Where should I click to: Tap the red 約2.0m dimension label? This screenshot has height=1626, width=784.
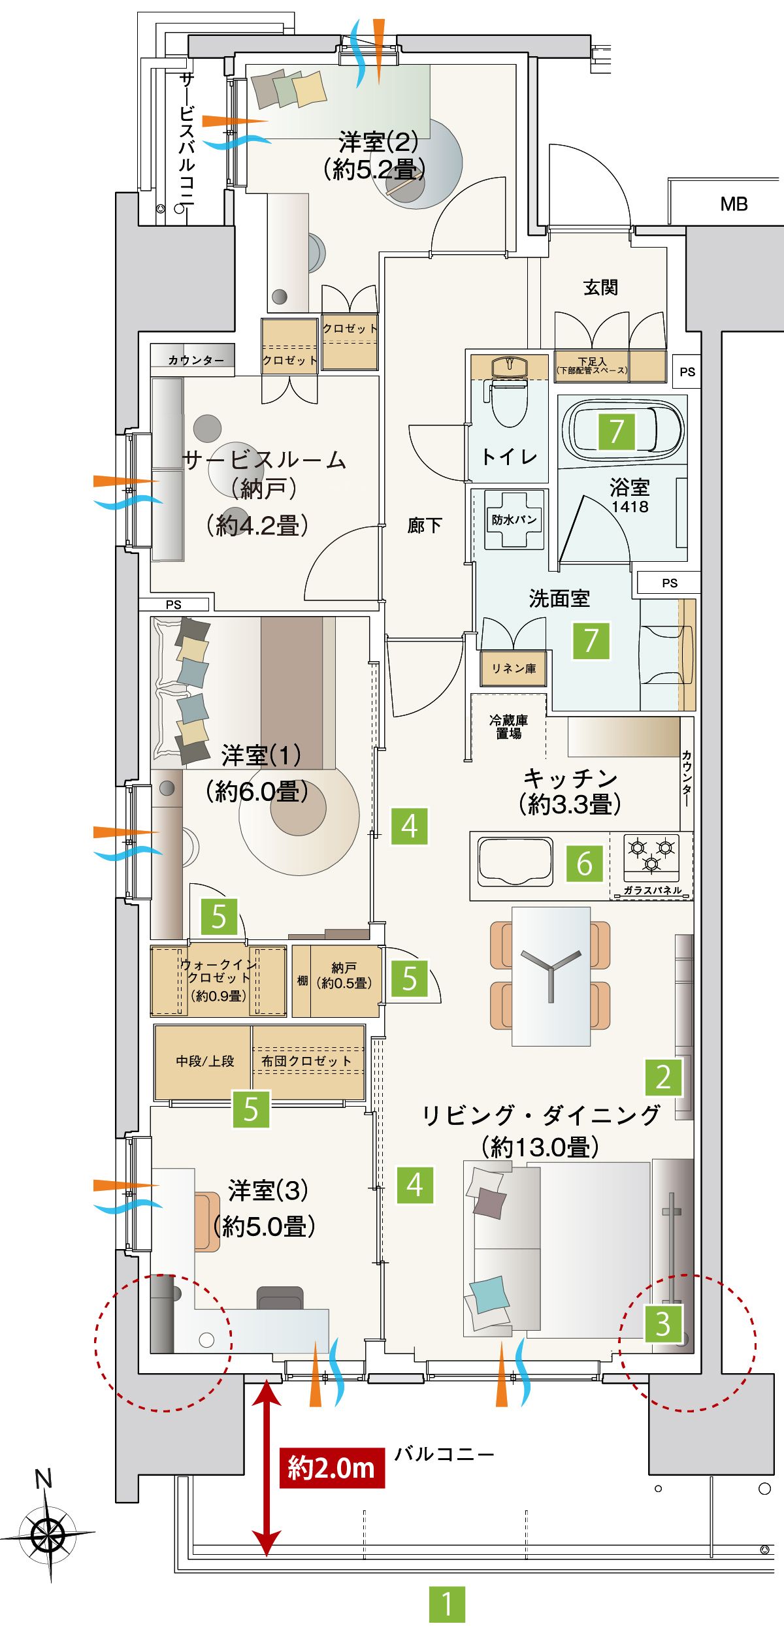[x=332, y=1468]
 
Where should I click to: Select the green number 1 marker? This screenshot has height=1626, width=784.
[x=447, y=1604]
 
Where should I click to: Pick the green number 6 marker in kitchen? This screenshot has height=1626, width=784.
[x=584, y=864]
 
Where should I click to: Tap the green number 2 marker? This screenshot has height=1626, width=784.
[x=664, y=1077]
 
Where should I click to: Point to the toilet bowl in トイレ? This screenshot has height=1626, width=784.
[x=509, y=398]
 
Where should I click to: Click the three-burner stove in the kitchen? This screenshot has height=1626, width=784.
[x=651, y=856]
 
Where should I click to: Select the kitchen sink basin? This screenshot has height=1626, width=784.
[x=516, y=862]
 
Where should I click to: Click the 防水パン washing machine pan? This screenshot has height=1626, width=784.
[x=515, y=519]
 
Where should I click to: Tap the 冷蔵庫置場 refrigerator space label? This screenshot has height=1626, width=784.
[x=508, y=726]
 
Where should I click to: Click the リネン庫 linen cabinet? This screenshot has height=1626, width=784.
[x=514, y=668]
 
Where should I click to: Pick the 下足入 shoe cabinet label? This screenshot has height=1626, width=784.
[x=592, y=365]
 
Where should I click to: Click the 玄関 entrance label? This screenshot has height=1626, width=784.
[x=600, y=287]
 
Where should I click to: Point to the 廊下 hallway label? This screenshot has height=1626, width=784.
[x=425, y=525]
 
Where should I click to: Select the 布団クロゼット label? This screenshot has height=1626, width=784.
[x=306, y=1062]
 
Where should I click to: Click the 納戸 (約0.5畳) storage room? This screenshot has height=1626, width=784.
[x=336, y=981]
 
